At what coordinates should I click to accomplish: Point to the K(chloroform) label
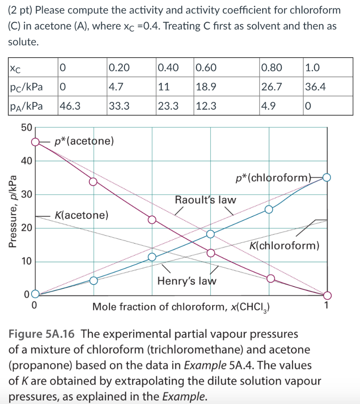click(x=285, y=246)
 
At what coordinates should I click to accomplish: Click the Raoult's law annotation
click(x=205, y=200)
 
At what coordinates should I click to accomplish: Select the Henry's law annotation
click(x=187, y=281)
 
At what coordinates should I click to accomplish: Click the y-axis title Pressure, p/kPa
click(x=13, y=211)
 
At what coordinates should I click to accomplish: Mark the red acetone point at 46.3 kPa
click(x=36, y=142)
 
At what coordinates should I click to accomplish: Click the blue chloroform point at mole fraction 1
click(x=327, y=178)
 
